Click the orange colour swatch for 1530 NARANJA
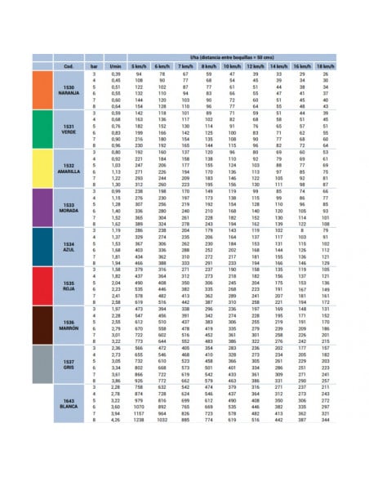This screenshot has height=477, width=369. coord(41,90)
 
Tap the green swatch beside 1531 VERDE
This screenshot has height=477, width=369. coord(41,129)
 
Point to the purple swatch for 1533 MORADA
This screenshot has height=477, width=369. coord(41,207)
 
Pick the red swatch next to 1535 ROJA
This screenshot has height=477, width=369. coord(41,285)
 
